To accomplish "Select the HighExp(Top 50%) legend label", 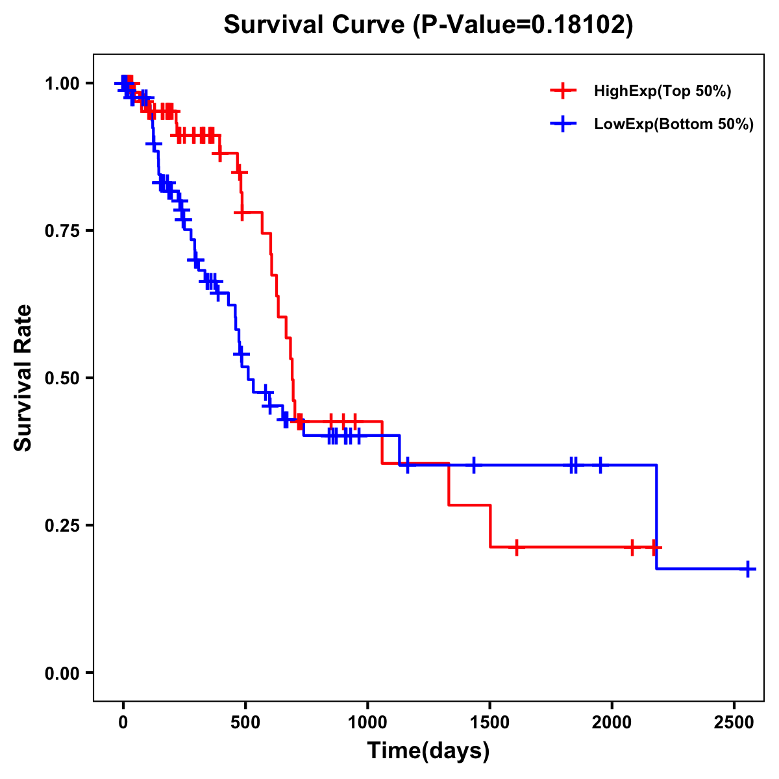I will click(x=662, y=92).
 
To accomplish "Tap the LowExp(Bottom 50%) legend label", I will click(x=673, y=124).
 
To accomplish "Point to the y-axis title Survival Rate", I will click(x=23, y=377).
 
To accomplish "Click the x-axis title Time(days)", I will click(x=428, y=751).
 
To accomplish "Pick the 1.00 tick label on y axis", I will click(x=62, y=83).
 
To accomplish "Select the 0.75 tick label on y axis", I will click(x=62, y=230).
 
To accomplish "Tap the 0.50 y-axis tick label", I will click(x=62, y=378).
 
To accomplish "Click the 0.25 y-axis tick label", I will click(x=62, y=525).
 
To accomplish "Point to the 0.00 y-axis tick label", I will click(x=62, y=673).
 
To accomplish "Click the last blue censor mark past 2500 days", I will click(x=748, y=569).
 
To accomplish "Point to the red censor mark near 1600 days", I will click(x=516, y=547).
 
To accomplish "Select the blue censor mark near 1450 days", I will click(x=474, y=465).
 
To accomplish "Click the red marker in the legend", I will click(x=563, y=92).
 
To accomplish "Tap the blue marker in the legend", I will click(x=563, y=124).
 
